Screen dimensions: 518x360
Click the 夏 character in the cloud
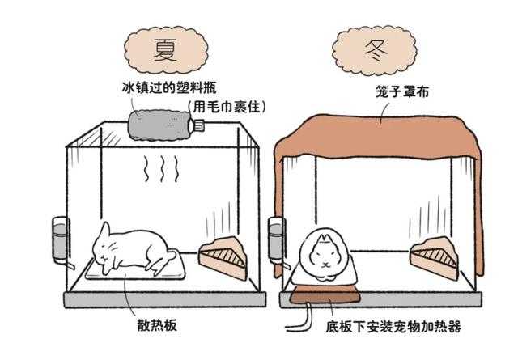165,49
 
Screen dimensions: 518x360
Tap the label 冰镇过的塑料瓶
169,88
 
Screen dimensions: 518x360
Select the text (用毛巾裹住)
227,107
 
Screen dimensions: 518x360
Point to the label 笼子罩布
402,91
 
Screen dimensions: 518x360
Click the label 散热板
157,325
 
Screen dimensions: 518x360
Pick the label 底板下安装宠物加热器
393,327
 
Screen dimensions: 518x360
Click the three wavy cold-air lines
162,169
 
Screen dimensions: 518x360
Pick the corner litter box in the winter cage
435,258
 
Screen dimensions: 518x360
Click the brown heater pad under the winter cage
325,294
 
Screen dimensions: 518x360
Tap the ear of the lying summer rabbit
104,231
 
